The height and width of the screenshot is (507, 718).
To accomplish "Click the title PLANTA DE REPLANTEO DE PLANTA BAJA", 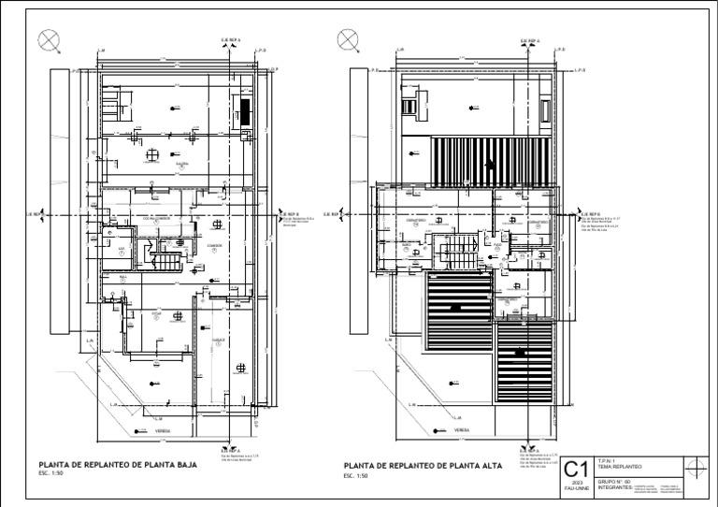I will [x=117, y=464].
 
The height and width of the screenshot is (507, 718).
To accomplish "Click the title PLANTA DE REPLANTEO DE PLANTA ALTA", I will [x=423, y=465].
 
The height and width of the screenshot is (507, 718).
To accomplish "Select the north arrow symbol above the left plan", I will [x=48, y=39].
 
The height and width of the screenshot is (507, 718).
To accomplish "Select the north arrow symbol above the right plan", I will [x=347, y=39].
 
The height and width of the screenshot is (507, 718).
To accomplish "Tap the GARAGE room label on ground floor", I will [x=217, y=340].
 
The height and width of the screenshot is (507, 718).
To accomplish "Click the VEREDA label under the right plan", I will [x=461, y=431].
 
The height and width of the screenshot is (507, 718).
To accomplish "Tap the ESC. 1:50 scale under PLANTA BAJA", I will [x=52, y=475].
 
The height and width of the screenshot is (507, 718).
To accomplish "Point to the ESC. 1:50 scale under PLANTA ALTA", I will [x=357, y=476].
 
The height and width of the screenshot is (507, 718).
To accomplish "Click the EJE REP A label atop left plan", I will [x=229, y=41].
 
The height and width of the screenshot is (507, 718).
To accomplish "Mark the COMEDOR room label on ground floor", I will [x=213, y=244].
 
